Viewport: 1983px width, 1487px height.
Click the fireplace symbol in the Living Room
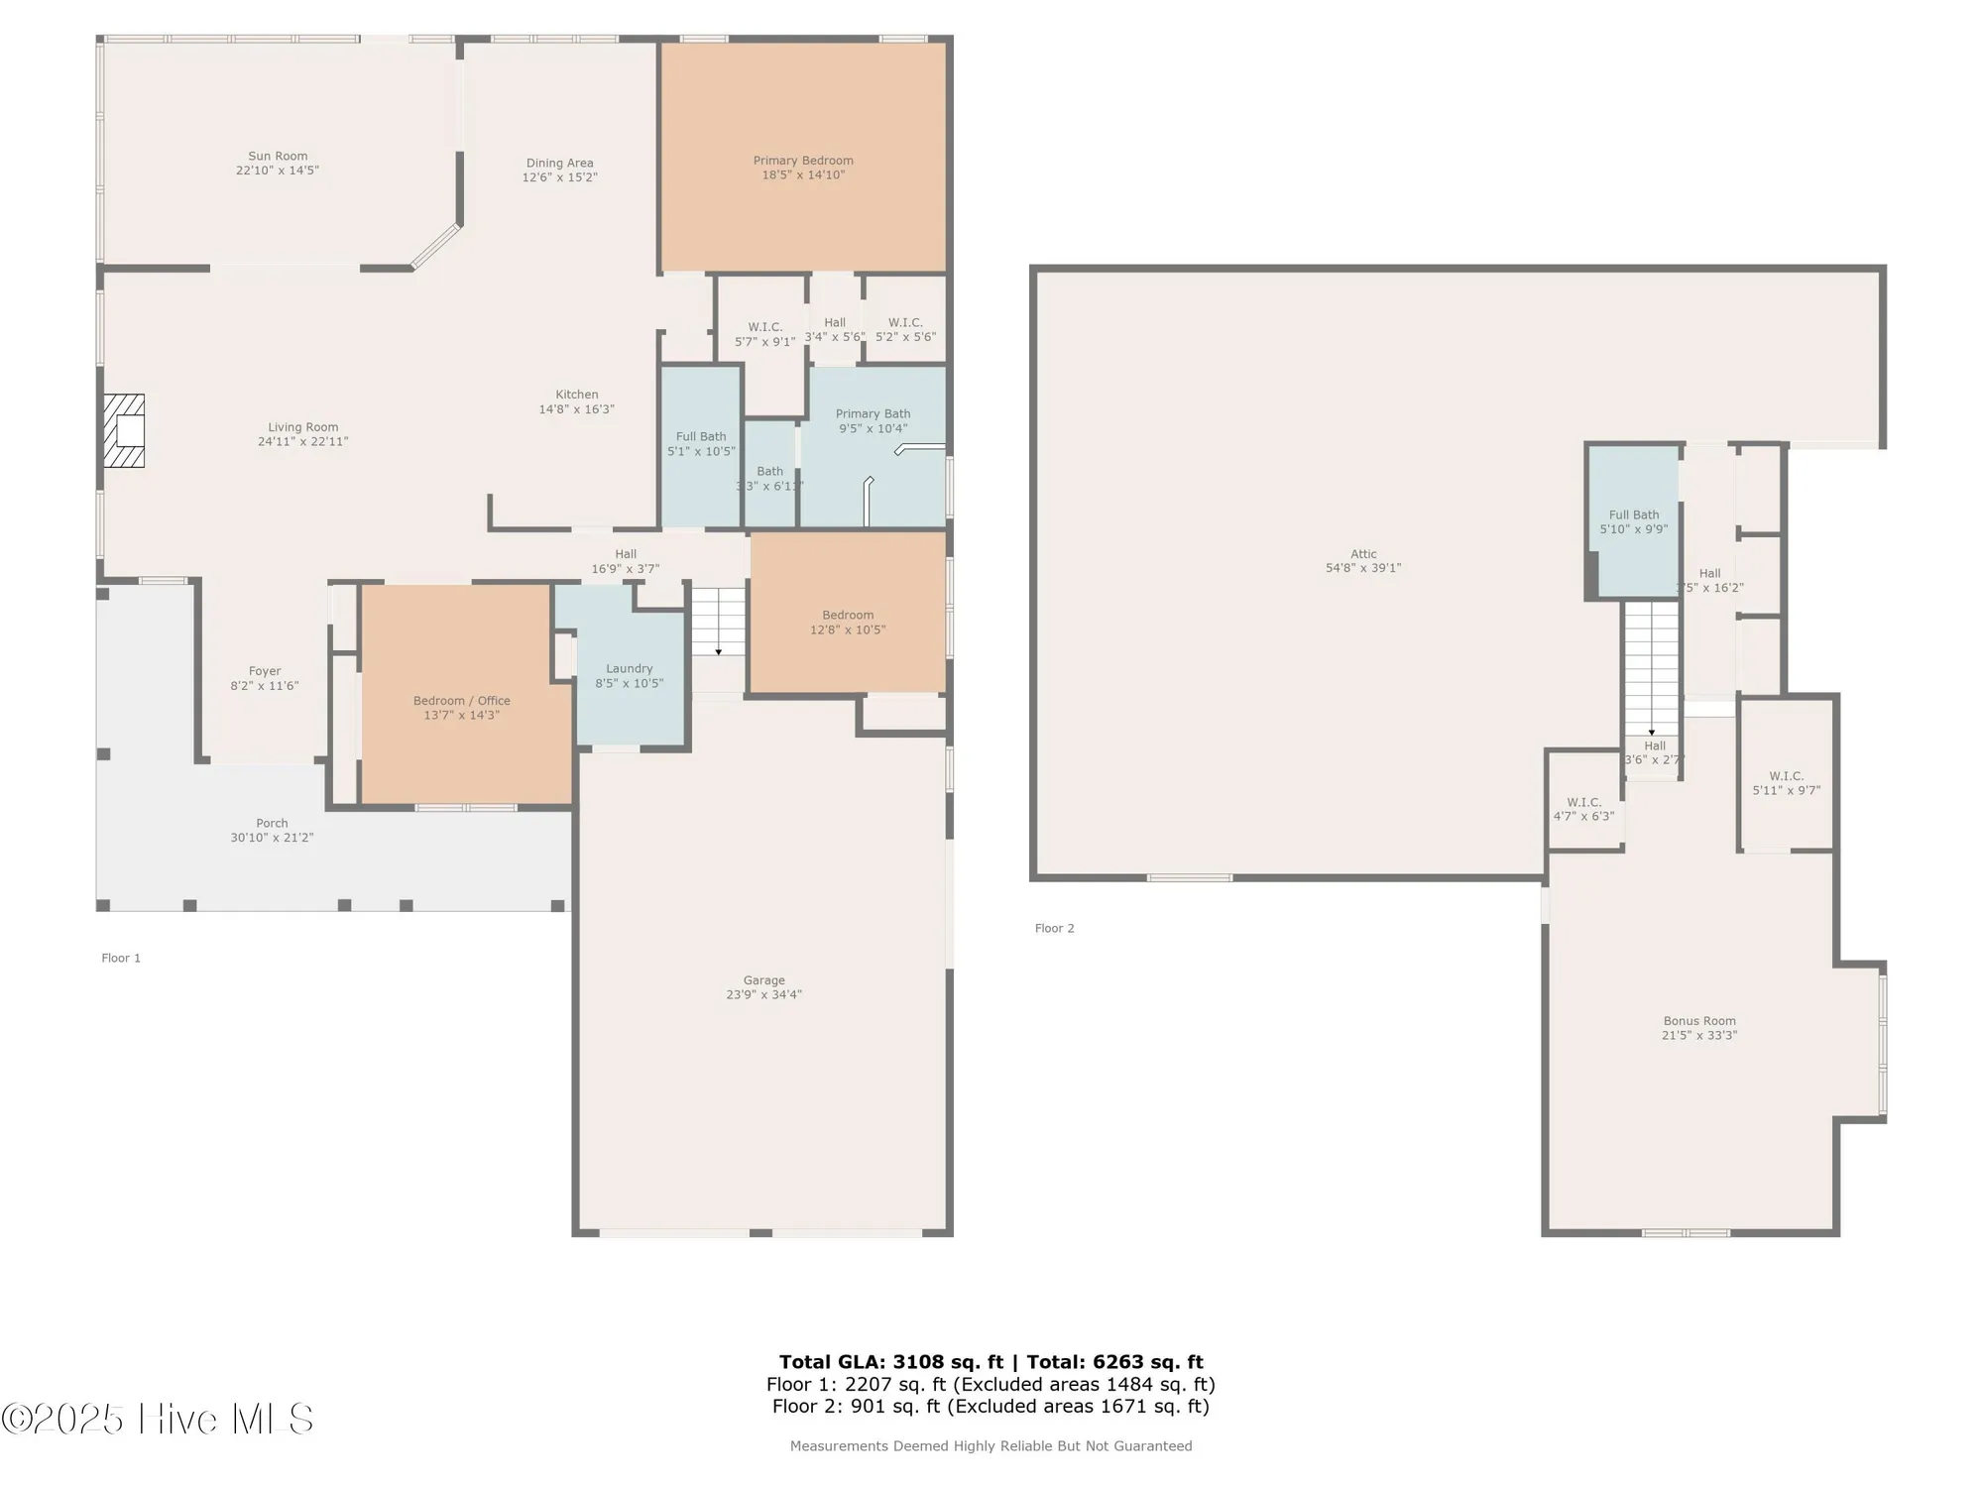pyautogui.click(x=125, y=430)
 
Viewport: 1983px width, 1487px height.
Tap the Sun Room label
pyautogui.click(x=278, y=156)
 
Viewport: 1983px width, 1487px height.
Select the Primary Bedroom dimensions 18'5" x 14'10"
pyautogui.click(x=803, y=175)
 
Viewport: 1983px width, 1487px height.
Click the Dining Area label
pyautogui.click(x=559, y=163)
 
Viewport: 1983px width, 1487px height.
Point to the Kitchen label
pyautogui.click(x=576, y=395)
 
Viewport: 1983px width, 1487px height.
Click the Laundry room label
pyautogui.click(x=629, y=669)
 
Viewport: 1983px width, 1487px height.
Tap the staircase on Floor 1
pyautogui.click(x=718, y=621)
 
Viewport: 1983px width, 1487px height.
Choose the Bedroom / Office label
pyautogui.click(x=461, y=701)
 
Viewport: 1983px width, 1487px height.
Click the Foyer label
pyautogui.click(x=265, y=671)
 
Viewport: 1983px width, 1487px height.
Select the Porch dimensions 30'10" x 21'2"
pyautogui.click(x=272, y=838)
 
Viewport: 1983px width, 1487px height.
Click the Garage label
pyautogui.click(x=763, y=980)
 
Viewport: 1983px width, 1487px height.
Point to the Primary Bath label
pyautogui.click(x=873, y=414)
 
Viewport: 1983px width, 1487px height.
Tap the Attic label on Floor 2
pyautogui.click(x=1363, y=554)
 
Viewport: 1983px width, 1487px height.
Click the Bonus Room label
pyautogui.click(x=1699, y=1021)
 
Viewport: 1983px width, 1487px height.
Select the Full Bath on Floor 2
pyautogui.click(x=1633, y=521)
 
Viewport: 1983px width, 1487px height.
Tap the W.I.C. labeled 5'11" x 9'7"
pyautogui.click(x=1786, y=783)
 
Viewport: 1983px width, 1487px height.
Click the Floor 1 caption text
pyautogui.click(x=121, y=958)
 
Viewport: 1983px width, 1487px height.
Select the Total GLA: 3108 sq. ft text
pyautogui.click(x=890, y=1362)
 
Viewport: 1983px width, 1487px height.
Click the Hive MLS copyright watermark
pyautogui.click(x=159, y=1419)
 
